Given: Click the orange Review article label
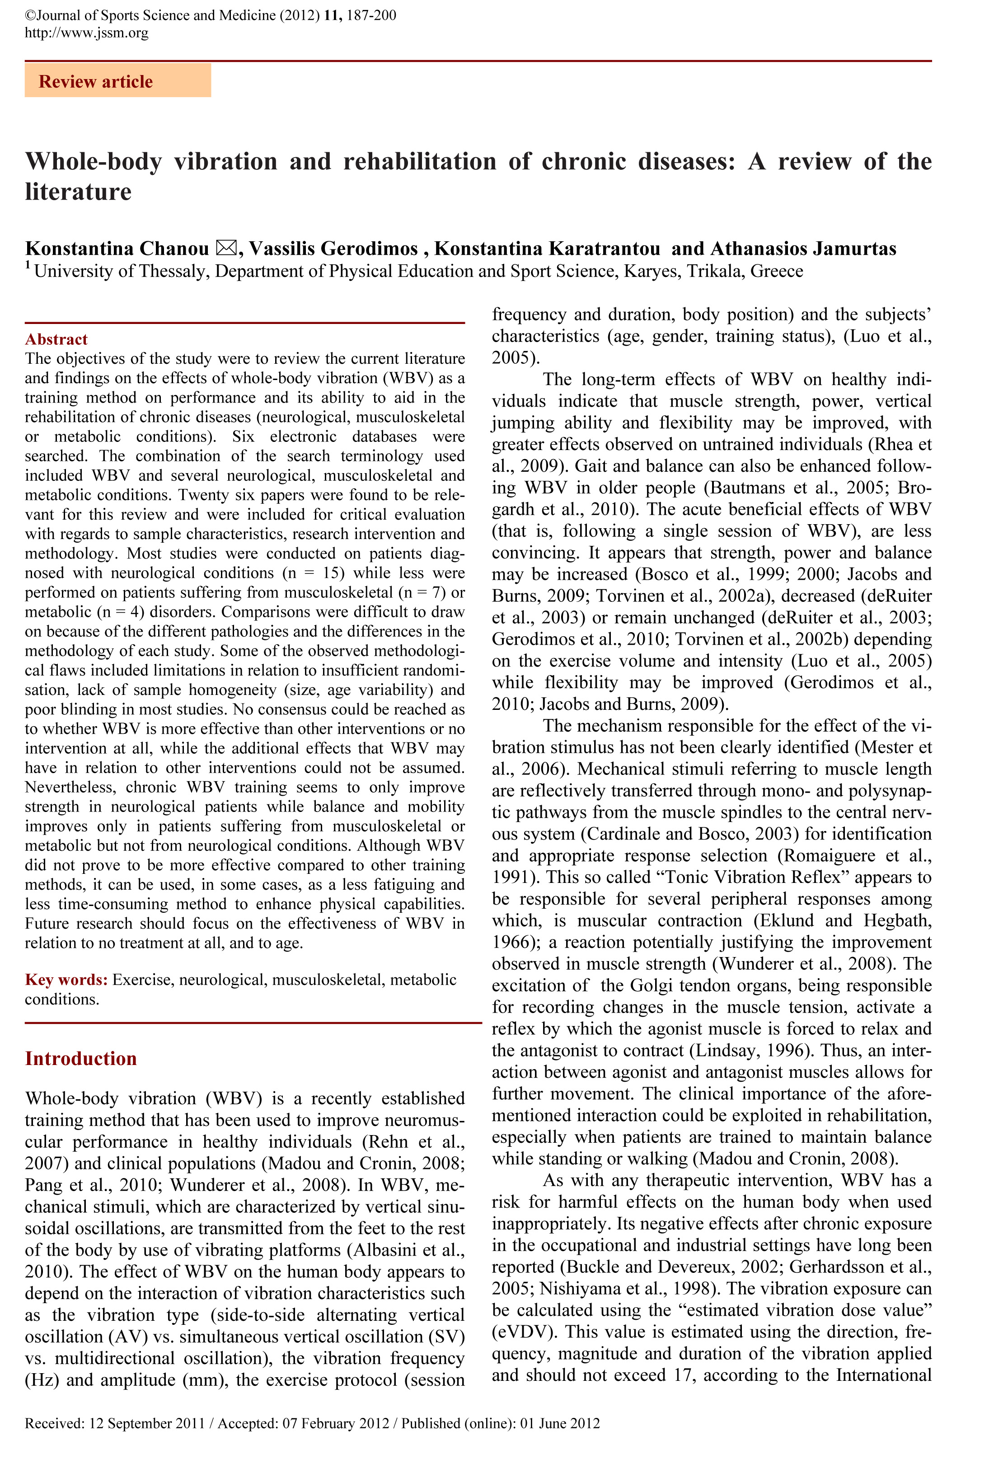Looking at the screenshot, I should point(95,81).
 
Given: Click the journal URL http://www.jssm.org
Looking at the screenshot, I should point(87,33).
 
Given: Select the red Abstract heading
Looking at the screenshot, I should point(56,339).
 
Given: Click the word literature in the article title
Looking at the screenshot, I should point(78,192).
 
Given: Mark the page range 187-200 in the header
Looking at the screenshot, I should point(371,15).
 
